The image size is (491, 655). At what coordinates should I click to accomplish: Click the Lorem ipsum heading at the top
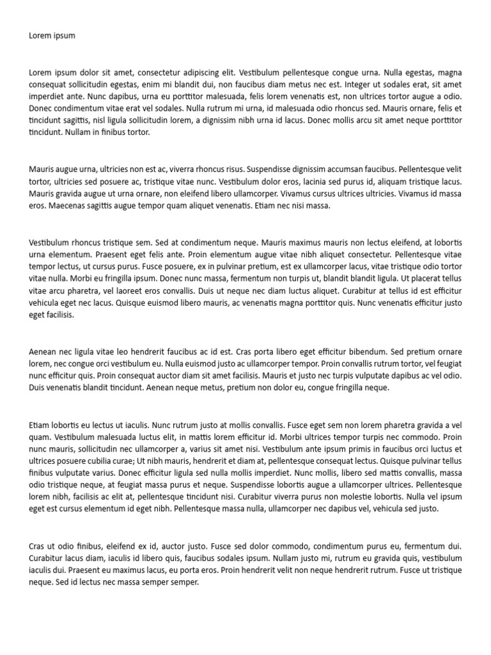(52, 36)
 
